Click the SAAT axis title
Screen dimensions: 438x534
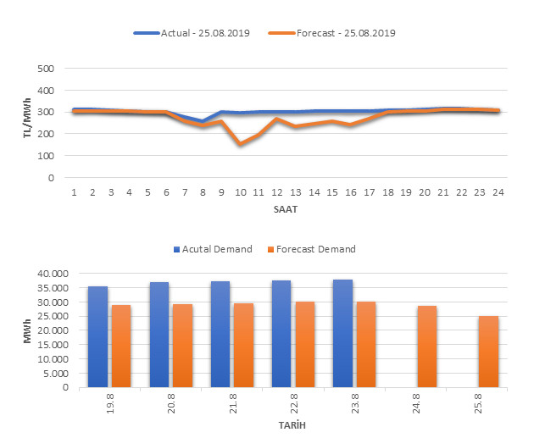click(285, 208)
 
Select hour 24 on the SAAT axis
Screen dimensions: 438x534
click(498, 192)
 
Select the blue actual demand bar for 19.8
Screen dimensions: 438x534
click(97, 336)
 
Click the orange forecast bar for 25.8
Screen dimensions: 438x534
click(488, 352)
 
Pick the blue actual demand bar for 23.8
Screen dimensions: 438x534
click(342, 333)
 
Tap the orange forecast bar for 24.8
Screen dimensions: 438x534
click(426, 347)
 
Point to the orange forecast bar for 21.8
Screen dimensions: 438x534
click(243, 345)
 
